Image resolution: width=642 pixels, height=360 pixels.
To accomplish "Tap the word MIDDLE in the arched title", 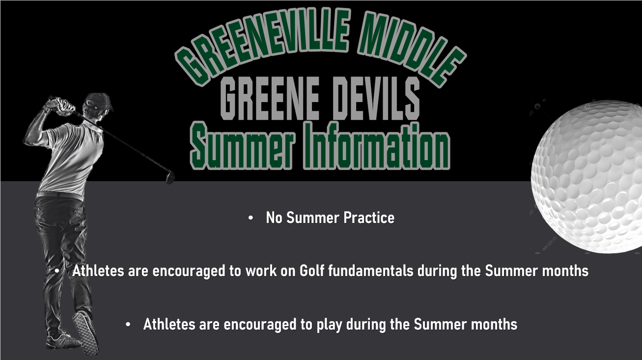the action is pyautogui.click(x=411, y=47).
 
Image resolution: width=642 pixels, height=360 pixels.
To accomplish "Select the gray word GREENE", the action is pyautogui.click(x=270, y=98).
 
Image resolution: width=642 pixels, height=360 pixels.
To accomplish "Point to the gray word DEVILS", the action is pyautogui.click(x=377, y=98).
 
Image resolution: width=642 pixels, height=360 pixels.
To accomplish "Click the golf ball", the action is pyautogui.click(x=586, y=176).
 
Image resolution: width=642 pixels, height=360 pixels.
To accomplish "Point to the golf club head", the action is pyautogui.click(x=170, y=177).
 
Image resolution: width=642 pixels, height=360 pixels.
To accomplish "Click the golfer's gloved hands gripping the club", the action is pyautogui.click(x=61, y=106).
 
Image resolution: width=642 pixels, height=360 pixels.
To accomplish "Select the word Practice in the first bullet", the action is pyautogui.click(x=369, y=218).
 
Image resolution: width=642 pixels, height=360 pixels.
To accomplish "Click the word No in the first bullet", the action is pyautogui.click(x=274, y=218).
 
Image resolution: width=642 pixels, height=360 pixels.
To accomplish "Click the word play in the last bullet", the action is pyautogui.click(x=329, y=325).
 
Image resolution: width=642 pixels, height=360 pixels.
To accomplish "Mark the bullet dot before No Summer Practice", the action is pyautogui.click(x=251, y=218).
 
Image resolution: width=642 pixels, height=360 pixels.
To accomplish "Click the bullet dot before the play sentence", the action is pyautogui.click(x=128, y=325).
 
